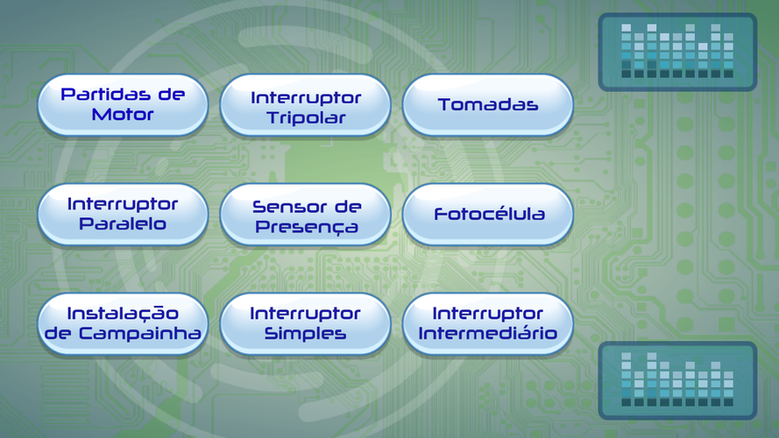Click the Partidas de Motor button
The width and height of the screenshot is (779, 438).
[123, 105]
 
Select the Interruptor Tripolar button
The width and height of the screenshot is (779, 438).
[305, 105]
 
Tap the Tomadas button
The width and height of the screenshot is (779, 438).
[487, 105]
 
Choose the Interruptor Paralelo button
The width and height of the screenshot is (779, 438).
[123, 214]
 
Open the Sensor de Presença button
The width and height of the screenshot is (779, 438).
[305, 214]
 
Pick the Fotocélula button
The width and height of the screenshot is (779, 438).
[487, 214]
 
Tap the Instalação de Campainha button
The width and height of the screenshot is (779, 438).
[123, 324]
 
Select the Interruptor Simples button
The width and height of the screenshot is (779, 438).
[305, 324]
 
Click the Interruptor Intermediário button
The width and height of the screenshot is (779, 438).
[487, 324]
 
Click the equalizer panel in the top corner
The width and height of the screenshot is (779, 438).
[677, 53]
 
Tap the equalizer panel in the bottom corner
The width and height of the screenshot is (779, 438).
[677, 380]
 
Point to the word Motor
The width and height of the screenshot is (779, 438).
[123, 115]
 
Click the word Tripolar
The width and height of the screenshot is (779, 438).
[306, 118]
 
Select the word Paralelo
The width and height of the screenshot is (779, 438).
[123, 224]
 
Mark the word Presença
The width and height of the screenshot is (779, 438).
[307, 227]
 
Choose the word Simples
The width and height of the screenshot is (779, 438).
[305, 333]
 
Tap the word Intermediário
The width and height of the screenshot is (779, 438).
[487, 333]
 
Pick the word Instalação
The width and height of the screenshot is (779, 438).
[123, 314]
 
